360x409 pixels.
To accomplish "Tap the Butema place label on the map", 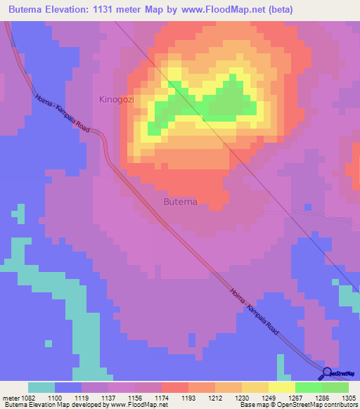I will pyautogui.click(x=180, y=202).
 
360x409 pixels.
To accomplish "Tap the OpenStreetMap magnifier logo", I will pyautogui.click(x=328, y=373).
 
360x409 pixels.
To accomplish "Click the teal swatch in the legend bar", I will pyautogui.click(x=41, y=387).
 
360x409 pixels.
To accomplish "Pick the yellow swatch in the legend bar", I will pyautogui.click(x=281, y=387).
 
